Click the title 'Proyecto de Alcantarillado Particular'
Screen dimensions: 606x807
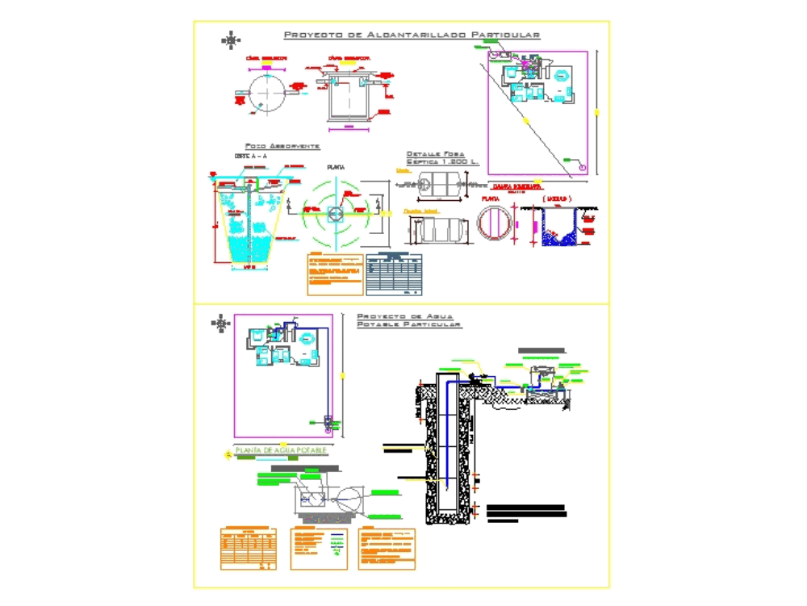point(412,36)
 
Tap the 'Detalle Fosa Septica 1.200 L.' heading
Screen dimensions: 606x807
point(442,158)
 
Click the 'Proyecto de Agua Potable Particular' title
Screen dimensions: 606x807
point(408,320)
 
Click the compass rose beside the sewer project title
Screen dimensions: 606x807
point(232,39)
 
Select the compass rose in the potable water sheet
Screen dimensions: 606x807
point(220,324)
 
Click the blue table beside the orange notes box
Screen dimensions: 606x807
point(395,274)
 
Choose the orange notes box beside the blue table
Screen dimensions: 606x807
point(334,274)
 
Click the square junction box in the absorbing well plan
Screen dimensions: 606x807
point(336,214)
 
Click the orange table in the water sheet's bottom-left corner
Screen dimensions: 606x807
point(249,549)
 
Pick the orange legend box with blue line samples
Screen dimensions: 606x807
point(319,549)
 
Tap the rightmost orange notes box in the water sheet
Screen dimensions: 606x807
point(387,549)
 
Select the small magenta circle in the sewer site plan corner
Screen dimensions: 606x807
point(583,168)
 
